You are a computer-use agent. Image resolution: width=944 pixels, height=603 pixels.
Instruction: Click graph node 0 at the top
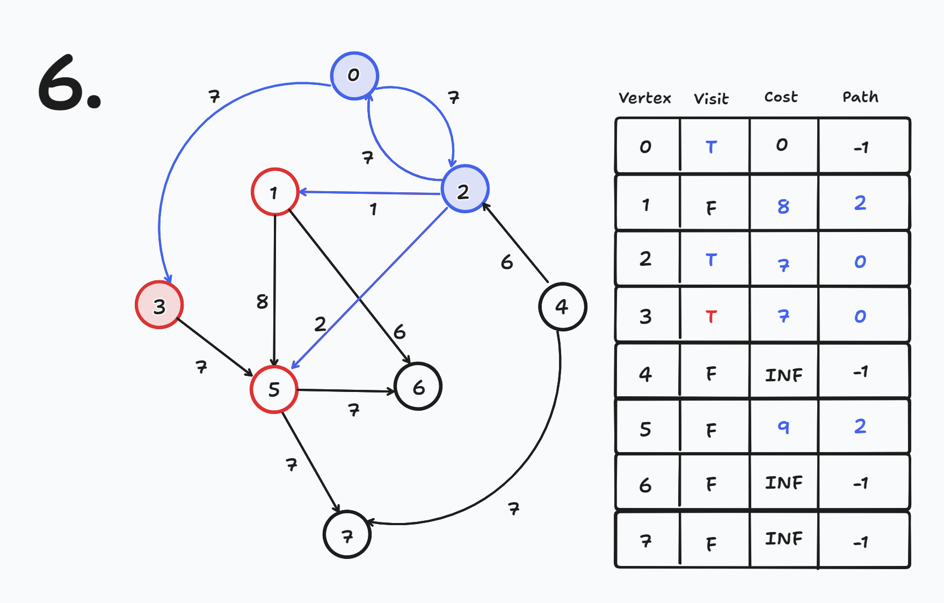(354, 76)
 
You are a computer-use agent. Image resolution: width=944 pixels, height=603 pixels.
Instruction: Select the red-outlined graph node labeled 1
(274, 192)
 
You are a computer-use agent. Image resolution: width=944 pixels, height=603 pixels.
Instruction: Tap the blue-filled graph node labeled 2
(464, 189)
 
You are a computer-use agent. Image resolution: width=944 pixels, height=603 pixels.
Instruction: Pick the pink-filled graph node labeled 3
(159, 305)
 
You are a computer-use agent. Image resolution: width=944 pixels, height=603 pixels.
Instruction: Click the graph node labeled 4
(562, 307)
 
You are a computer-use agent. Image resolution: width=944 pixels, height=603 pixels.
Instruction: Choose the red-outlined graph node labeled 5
(274, 389)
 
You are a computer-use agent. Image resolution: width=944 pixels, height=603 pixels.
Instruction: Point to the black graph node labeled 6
(418, 387)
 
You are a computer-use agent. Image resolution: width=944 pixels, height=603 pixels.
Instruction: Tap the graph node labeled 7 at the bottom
(347, 535)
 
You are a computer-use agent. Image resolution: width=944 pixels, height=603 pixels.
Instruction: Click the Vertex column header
(644, 98)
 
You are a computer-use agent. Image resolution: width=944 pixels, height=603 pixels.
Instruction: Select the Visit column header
(711, 99)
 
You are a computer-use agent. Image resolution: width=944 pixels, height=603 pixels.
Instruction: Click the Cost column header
(781, 97)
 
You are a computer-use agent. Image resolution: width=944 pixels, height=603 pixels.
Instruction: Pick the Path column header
(860, 97)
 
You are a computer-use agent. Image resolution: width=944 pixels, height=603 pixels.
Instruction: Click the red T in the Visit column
(711, 317)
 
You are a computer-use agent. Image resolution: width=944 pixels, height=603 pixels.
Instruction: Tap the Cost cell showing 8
(783, 206)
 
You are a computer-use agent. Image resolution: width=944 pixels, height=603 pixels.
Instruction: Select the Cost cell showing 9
(783, 427)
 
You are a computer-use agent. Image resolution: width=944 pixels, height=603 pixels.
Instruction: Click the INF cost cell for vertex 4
(783, 375)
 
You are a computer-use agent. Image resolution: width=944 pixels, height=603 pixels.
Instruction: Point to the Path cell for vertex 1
(860, 203)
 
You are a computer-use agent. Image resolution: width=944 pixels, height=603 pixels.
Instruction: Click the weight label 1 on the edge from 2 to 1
(373, 209)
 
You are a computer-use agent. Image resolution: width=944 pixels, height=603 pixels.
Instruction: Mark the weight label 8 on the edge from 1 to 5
(262, 302)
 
